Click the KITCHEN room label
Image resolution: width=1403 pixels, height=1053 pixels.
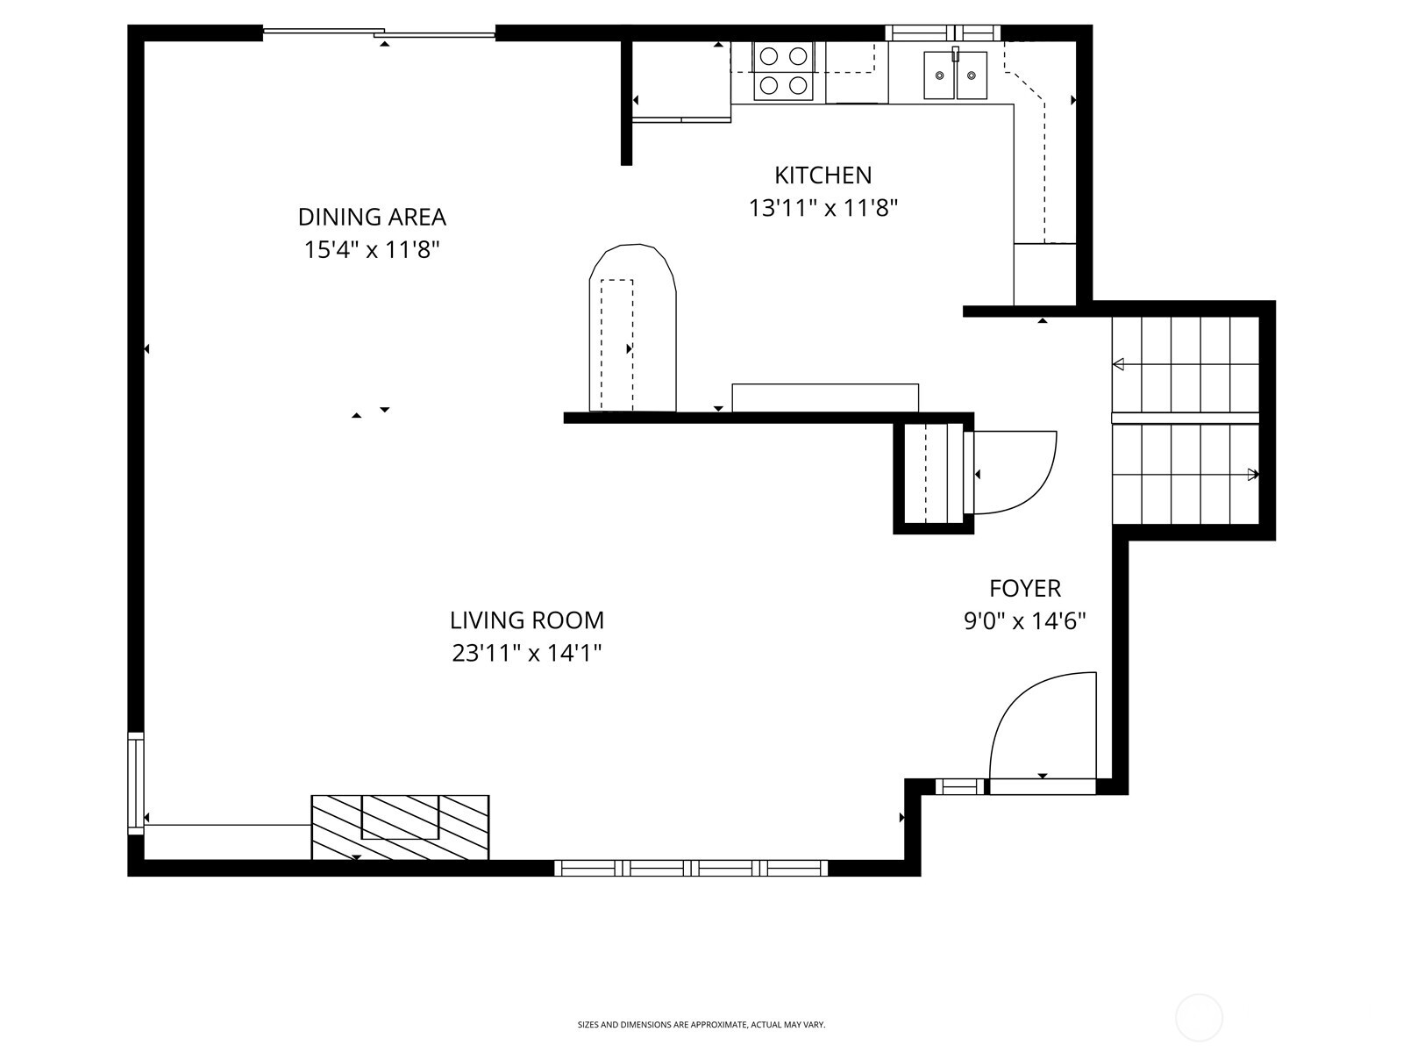[x=823, y=175]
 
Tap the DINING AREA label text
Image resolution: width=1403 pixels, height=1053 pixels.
[x=372, y=217]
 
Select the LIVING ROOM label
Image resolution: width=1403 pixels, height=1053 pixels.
[x=527, y=620]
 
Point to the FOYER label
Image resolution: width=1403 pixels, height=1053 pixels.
[x=1025, y=588]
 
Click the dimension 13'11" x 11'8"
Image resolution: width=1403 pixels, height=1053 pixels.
[x=823, y=209]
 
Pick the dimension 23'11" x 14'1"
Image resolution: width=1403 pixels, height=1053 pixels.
[x=527, y=654]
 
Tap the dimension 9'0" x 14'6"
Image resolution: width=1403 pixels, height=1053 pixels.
[x=1025, y=621]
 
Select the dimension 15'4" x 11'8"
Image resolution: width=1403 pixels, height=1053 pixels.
[x=372, y=250]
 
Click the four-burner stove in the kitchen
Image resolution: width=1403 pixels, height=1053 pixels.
[x=783, y=71]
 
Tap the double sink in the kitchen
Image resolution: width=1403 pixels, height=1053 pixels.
[x=955, y=75]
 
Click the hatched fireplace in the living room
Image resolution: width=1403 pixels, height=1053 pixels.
[x=400, y=827]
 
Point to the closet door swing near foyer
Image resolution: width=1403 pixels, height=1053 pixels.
[x=1013, y=472]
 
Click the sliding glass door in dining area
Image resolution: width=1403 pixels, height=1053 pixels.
[x=379, y=33]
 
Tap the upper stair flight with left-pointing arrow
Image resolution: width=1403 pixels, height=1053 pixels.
[x=1186, y=363]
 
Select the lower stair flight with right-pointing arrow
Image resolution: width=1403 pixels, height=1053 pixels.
[x=1186, y=474]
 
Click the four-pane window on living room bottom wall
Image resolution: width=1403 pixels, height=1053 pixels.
[x=691, y=868]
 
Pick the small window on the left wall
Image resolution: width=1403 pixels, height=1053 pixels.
[x=135, y=783]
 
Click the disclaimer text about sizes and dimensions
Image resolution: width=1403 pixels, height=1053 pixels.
[x=701, y=1024]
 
